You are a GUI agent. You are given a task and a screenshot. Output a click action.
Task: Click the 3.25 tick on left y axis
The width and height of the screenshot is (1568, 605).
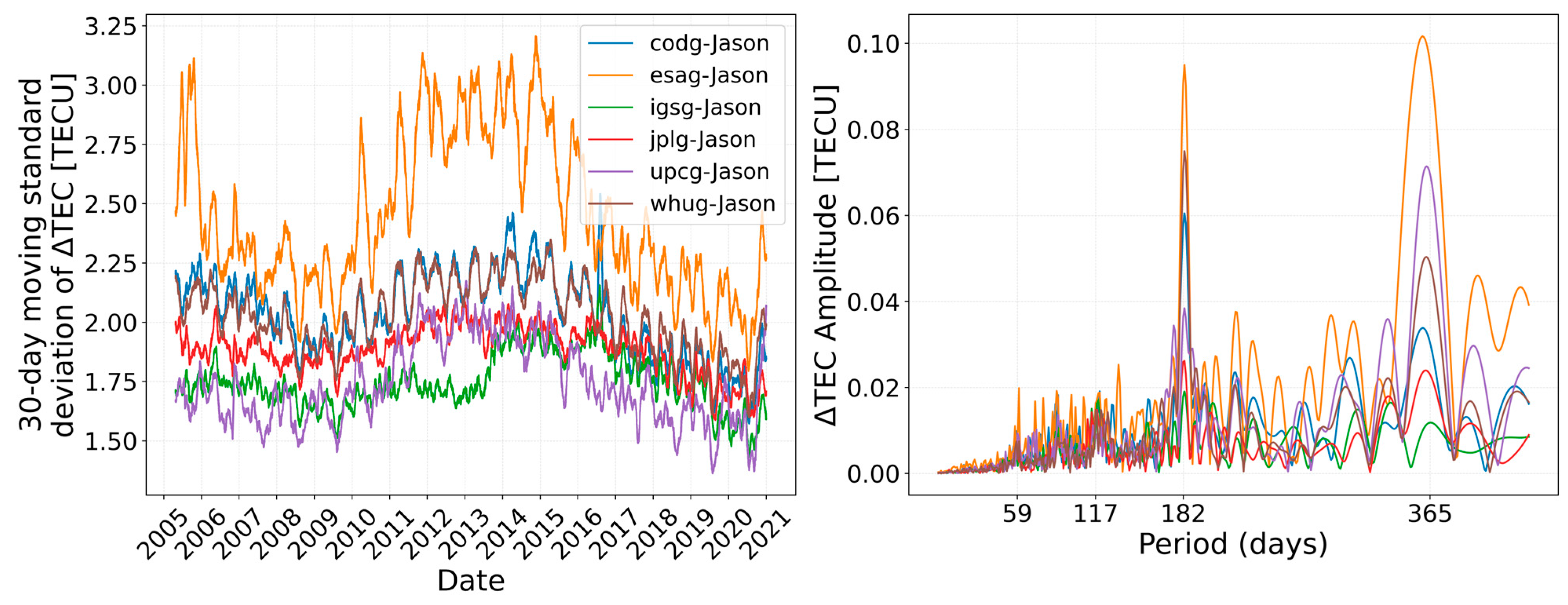coord(111,27)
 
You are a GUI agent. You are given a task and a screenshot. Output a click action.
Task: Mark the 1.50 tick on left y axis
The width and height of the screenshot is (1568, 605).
coord(111,441)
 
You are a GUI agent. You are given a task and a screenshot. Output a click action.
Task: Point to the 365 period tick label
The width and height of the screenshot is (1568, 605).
coord(1429,514)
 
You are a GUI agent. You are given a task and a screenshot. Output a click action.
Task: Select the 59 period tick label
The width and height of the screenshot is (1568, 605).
coord(1017,514)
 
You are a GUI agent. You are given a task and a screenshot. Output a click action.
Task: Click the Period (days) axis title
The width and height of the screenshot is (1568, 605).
coord(1233,543)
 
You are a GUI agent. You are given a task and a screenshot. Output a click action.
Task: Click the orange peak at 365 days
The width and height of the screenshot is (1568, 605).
coord(1422,37)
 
